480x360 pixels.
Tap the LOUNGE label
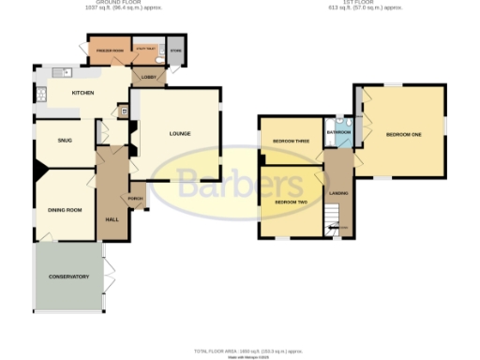pyautogui.click(x=180, y=133)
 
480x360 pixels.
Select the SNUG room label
pyautogui.click(x=65, y=141)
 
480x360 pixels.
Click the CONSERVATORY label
pyautogui.click(x=70, y=277)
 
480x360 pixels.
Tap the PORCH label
pyautogui.click(x=135, y=199)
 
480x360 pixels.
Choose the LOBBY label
pyautogui.click(x=148, y=77)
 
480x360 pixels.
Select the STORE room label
pyautogui.click(x=173, y=47)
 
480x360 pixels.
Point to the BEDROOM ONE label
pyautogui.click(x=404, y=135)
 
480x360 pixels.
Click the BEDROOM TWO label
pyautogui.click(x=292, y=202)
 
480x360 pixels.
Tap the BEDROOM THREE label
pyautogui.click(x=292, y=142)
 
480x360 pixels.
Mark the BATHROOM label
pyautogui.click(x=338, y=132)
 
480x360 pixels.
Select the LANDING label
pyautogui.click(x=338, y=194)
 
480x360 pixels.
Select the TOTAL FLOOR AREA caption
pyautogui.click(x=248, y=351)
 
